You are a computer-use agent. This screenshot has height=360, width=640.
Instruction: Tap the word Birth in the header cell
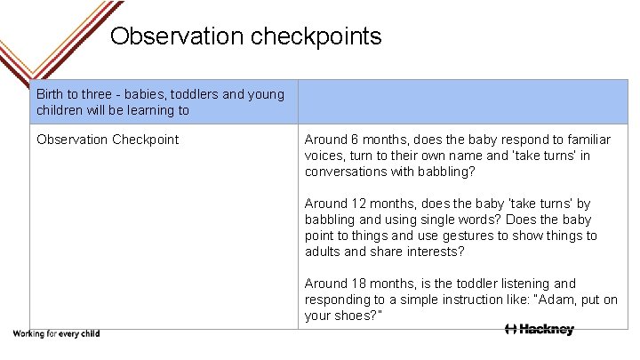(x=52, y=94)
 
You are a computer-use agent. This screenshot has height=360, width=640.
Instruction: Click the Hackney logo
(x=539, y=330)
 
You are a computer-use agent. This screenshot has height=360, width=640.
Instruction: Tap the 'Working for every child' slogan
(x=55, y=334)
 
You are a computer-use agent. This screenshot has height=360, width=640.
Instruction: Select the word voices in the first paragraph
(x=324, y=156)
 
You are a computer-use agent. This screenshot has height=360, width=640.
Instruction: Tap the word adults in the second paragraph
(x=324, y=252)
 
